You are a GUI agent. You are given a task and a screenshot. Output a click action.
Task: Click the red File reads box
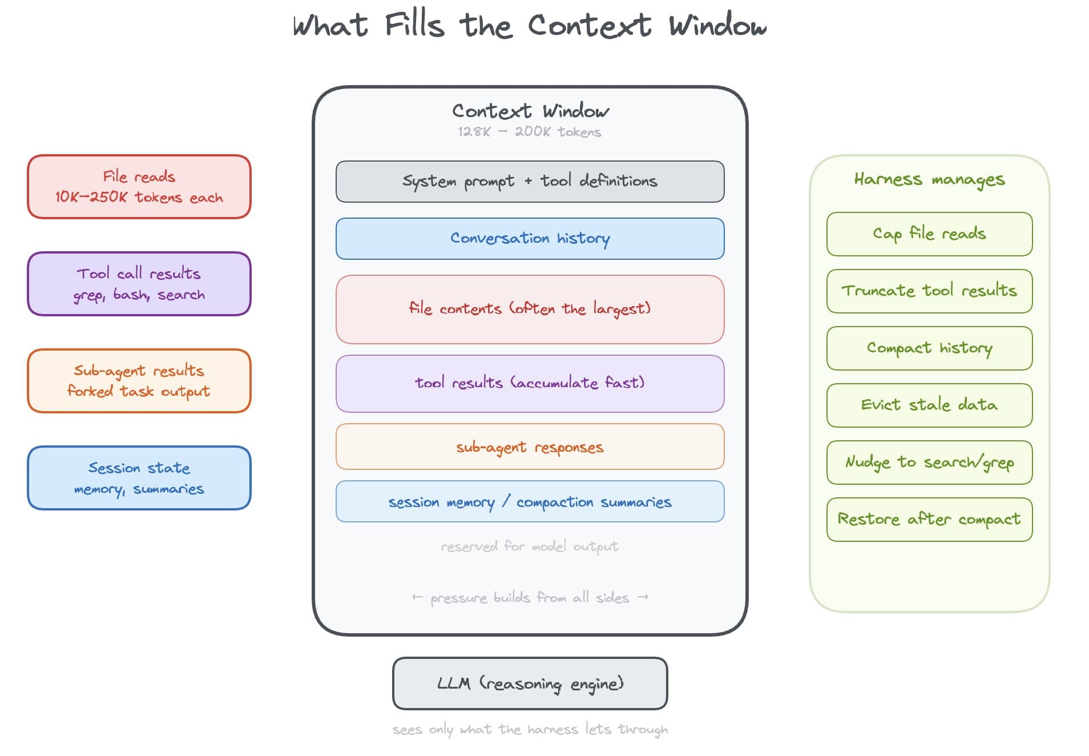pos(139,187)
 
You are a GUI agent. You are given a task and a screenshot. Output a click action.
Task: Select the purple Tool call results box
pos(139,284)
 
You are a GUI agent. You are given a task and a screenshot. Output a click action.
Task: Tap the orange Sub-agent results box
pos(139,381)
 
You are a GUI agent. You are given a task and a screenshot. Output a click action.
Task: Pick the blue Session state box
pos(139,478)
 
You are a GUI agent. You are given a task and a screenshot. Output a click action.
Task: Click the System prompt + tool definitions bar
pos(530,182)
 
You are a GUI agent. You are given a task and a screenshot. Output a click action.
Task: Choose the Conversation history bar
pos(530,239)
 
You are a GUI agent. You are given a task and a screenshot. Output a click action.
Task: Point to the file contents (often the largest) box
pos(530,309)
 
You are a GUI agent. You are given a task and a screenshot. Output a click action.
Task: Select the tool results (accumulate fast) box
pos(530,383)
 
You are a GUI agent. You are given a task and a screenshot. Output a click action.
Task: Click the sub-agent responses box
pos(530,447)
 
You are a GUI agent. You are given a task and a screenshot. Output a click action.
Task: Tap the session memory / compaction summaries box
pos(530,501)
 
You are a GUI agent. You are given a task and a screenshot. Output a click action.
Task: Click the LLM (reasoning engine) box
pos(530,683)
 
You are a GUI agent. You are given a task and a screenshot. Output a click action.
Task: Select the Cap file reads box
pos(929,234)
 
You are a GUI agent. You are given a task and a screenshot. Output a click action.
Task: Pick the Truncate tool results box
pos(929,291)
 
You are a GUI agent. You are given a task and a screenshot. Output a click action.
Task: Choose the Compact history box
pos(929,348)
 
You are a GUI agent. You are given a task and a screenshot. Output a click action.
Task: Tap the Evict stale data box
pos(929,405)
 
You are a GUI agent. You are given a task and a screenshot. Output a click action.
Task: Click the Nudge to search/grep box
pos(929,463)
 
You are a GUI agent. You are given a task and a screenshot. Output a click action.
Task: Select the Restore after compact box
pos(929,520)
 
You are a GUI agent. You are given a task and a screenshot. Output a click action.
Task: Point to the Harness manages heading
pos(929,180)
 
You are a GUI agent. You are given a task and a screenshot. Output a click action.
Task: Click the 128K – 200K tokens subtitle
pos(530,132)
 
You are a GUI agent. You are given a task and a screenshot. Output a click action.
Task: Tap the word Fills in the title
pos(414,26)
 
